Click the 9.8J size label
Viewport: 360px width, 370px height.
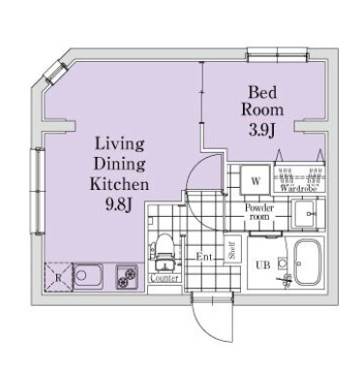[x=119, y=204]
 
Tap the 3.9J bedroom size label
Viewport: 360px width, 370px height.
[x=261, y=130]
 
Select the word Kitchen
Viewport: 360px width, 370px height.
[x=119, y=184]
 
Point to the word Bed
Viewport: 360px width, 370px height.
[x=262, y=92]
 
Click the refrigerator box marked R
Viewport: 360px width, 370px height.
[x=58, y=277]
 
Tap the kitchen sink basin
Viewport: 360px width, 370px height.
[x=88, y=275]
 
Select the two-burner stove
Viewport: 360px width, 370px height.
[x=127, y=276]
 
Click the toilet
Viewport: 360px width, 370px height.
[x=165, y=252]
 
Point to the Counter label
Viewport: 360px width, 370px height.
[x=165, y=278]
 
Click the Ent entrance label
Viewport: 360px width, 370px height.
[x=204, y=257]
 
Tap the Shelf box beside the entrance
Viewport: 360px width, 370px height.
[x=232, y=250]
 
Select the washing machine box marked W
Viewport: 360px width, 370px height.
[x=255, y=180]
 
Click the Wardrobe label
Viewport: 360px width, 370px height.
[x=299, y=189]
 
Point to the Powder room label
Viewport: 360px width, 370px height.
[x=259, y=212]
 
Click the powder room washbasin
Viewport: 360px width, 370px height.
[x=303, y=214]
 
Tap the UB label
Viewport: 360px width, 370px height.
[x=263, y=265]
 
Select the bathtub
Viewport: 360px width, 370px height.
[x=307, y=262]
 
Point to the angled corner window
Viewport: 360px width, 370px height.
[x=53, y=73]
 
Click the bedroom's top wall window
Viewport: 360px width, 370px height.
[x=277, y=54]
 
